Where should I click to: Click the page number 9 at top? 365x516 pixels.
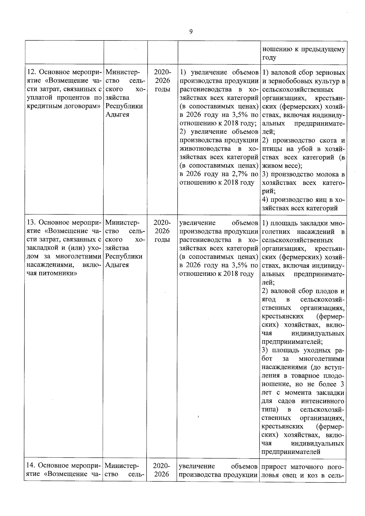pyautogui.click(x=191, y=32)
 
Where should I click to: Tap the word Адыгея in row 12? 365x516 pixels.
pyautogui.click(x=117, y=115)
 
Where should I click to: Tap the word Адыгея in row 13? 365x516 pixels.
pyautogui.click(x=117, y=265)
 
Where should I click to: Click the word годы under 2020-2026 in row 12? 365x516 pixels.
pyautogui.click(x=162, y=89)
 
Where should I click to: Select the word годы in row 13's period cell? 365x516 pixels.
pyautogui.click(x=162, y=240)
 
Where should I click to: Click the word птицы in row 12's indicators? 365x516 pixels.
pyautogui.click(x=271, y=149)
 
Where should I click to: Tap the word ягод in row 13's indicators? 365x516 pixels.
pyautogui.click(x=269, y=300)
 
